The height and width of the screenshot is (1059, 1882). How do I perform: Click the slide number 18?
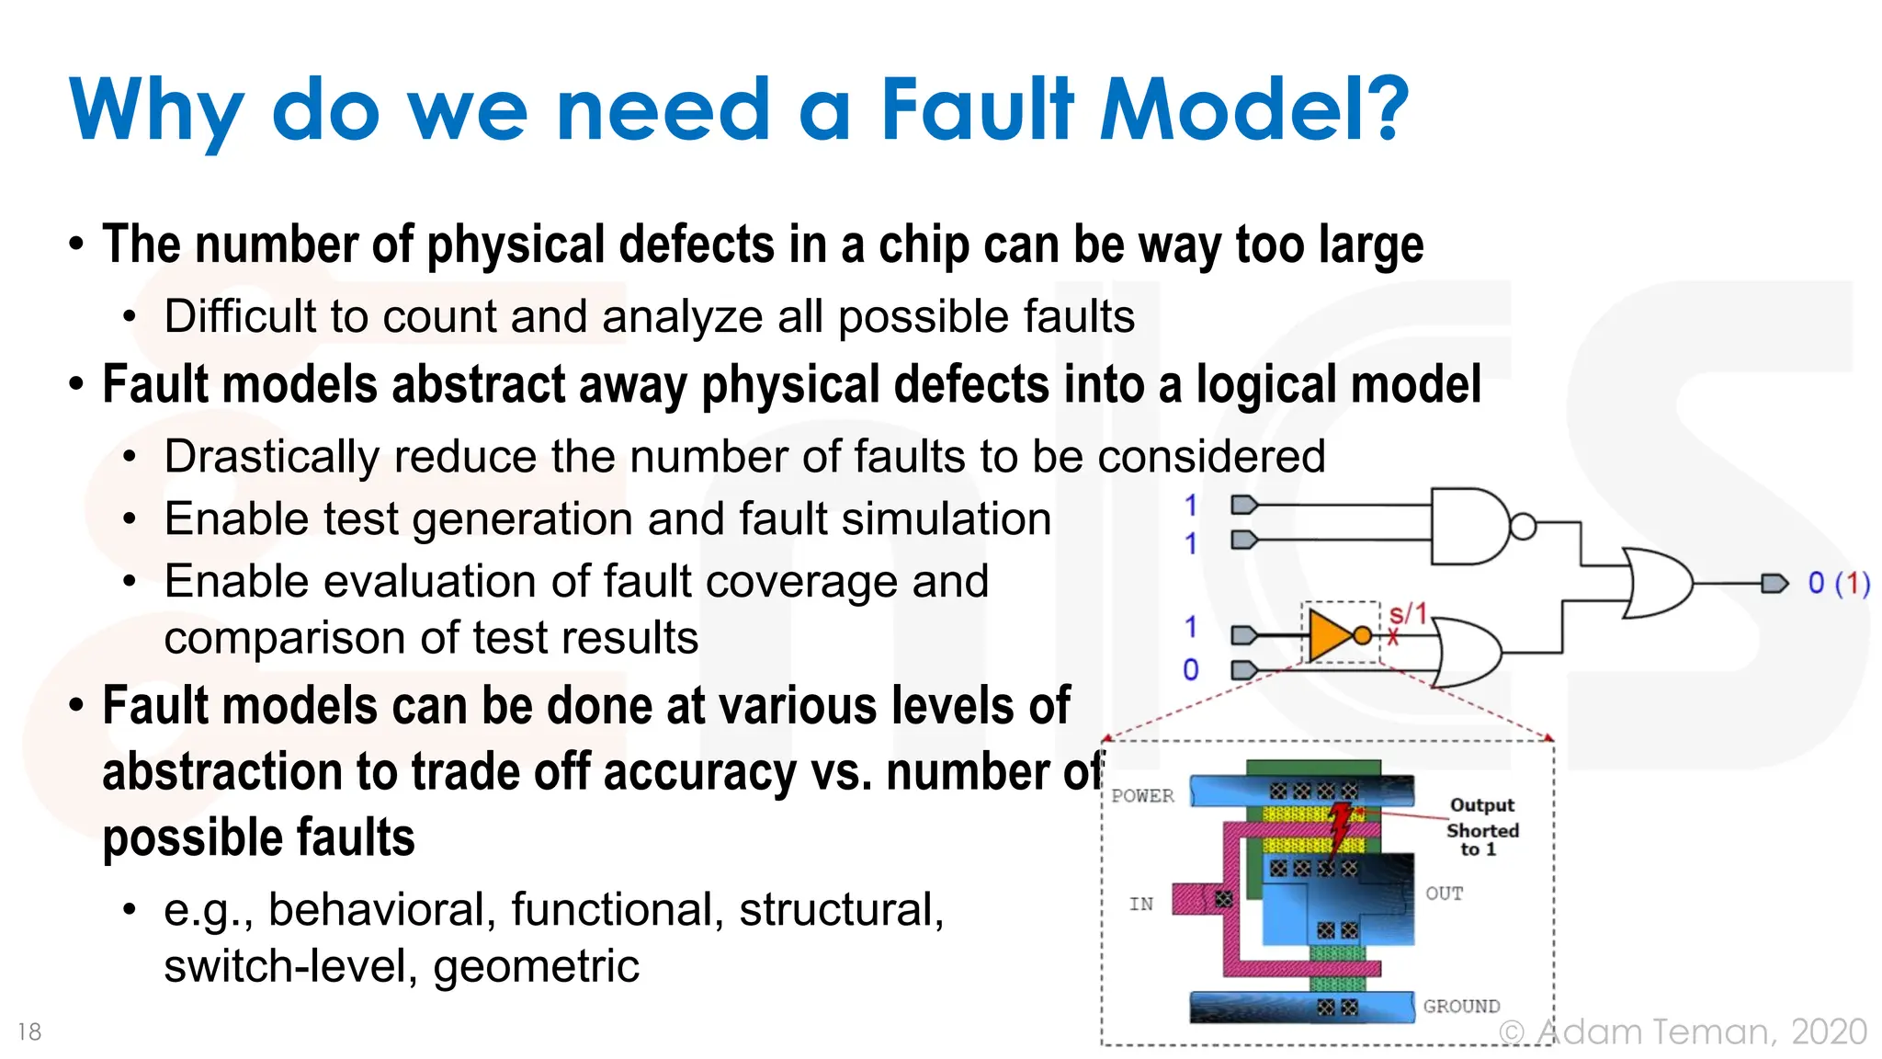coord(29,1031)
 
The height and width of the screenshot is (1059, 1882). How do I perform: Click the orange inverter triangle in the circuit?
coord(1331,634)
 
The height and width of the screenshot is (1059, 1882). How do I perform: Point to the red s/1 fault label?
coord(1407,614)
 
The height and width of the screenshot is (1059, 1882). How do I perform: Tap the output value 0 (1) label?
coord(1838,583)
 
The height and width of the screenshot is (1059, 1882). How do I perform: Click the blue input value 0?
coord(1190,669)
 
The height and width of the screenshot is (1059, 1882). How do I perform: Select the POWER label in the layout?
coord(1142,796)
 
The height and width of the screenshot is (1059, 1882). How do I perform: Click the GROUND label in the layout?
coord(1461,1007)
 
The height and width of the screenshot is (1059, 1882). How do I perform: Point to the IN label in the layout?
coord(1141,905)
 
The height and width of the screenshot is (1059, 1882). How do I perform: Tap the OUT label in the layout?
coord(1444,894)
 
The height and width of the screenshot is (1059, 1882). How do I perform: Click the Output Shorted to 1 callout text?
coord(1481,827)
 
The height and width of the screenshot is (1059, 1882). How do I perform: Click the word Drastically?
coord(271,457)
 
